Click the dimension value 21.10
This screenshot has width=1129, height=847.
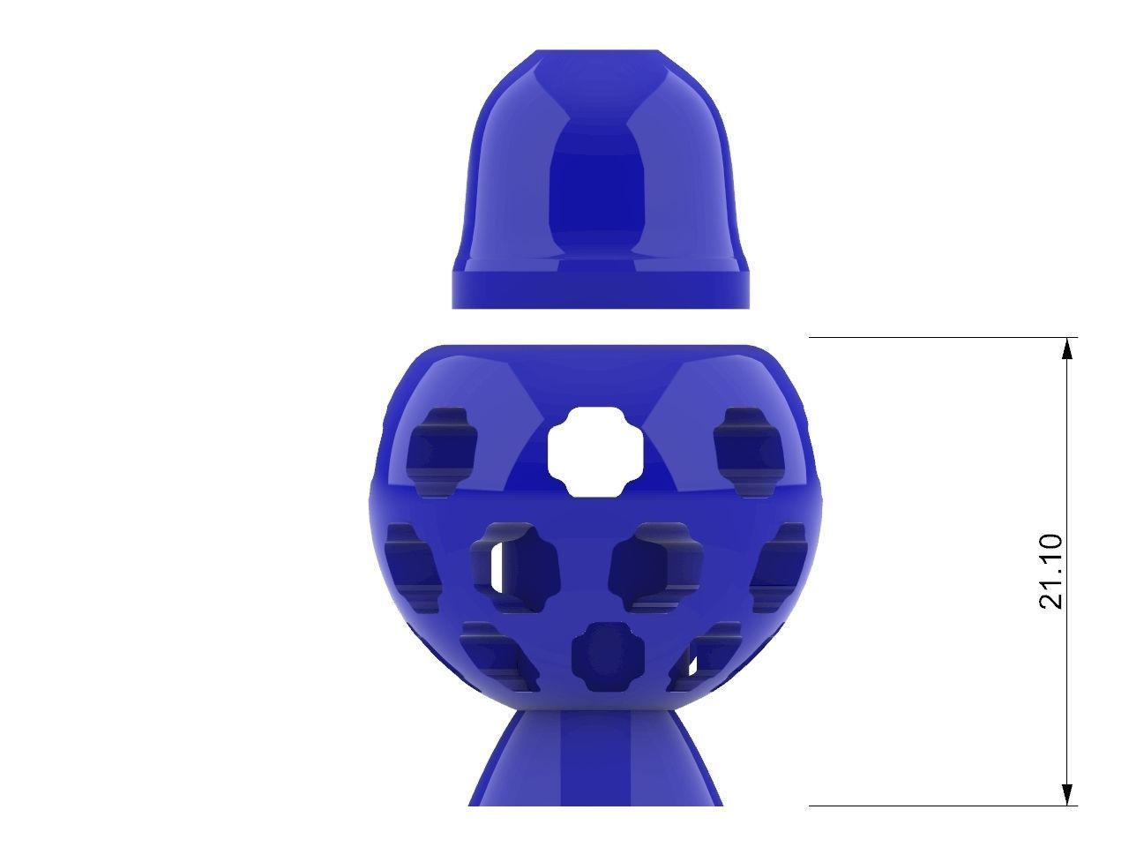pos(1050,572)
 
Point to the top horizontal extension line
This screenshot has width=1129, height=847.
pos(935,338)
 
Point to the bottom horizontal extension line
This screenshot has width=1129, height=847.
pos(935,806)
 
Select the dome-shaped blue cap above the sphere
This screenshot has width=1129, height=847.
pos(602,159)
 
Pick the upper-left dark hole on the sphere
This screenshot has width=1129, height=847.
pos(444,448)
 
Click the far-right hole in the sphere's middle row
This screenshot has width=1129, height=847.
pos(781,565)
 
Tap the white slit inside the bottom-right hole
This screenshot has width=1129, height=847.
pos(692,656)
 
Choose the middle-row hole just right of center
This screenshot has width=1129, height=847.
pos(656,565)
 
